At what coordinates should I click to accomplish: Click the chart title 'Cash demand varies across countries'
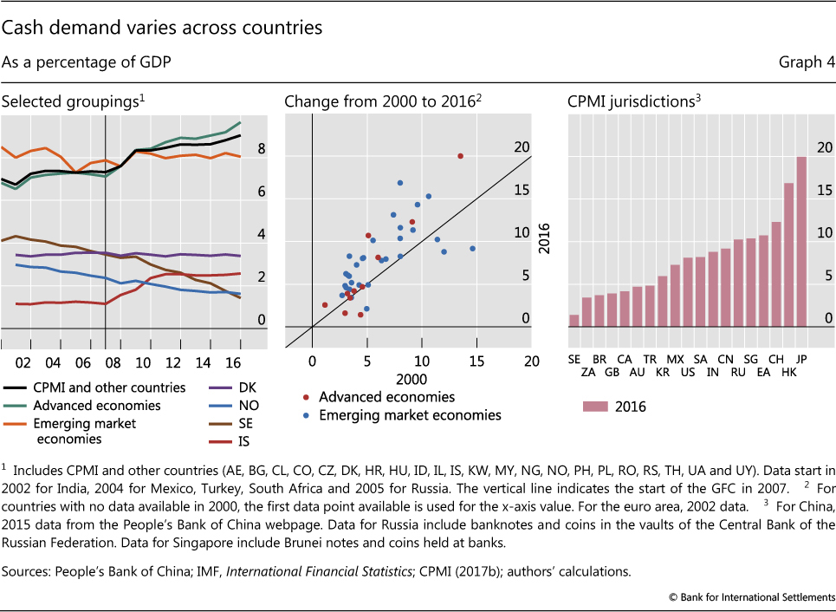(162, 28)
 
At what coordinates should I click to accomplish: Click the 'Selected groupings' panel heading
(73, 101)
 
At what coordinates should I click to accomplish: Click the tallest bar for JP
(801, 242)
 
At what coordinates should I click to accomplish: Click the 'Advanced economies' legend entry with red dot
(386, 397)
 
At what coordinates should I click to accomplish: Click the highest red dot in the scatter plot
(460, 156)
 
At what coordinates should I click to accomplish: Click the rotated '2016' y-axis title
(545, 234)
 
